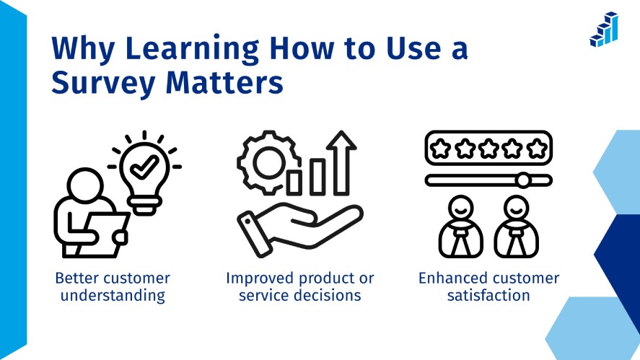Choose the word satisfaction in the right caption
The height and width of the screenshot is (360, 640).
click(x=488, y=295)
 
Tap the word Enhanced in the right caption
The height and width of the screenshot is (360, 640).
click(x=452, y=278)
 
